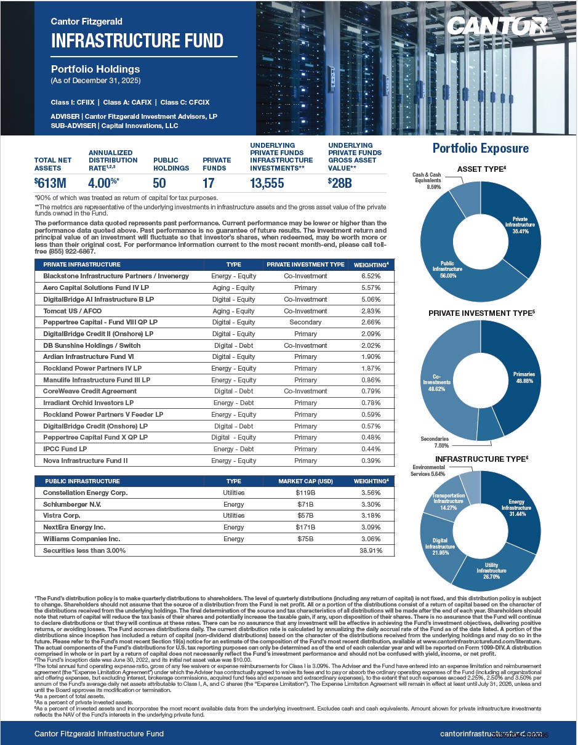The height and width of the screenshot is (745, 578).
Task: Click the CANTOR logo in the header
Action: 497,26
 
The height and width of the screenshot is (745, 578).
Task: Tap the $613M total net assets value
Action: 50,183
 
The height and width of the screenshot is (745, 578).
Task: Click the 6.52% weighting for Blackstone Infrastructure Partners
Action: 370,276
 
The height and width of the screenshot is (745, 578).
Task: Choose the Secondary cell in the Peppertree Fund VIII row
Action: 305,322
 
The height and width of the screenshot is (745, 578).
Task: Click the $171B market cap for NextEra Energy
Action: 305,527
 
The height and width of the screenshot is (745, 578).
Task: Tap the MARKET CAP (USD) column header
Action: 305,481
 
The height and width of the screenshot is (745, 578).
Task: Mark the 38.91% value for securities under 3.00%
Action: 370,550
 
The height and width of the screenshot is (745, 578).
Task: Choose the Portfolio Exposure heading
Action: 480,148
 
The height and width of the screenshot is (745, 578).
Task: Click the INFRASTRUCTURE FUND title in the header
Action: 137,41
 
